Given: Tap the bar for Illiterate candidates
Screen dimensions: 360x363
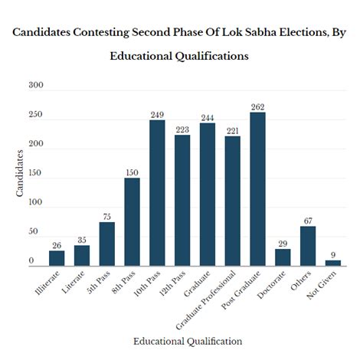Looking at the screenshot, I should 57,258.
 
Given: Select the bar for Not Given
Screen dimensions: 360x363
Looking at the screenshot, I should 332,263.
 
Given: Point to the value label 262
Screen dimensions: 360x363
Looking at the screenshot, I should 257,106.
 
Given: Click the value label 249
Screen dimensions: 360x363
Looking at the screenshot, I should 157,114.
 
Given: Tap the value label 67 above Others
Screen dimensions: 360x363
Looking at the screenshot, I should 308,221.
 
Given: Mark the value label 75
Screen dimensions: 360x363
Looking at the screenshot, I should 106,217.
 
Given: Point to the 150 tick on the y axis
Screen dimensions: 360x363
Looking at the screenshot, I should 36,174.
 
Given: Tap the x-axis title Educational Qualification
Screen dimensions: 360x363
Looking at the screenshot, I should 188,340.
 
